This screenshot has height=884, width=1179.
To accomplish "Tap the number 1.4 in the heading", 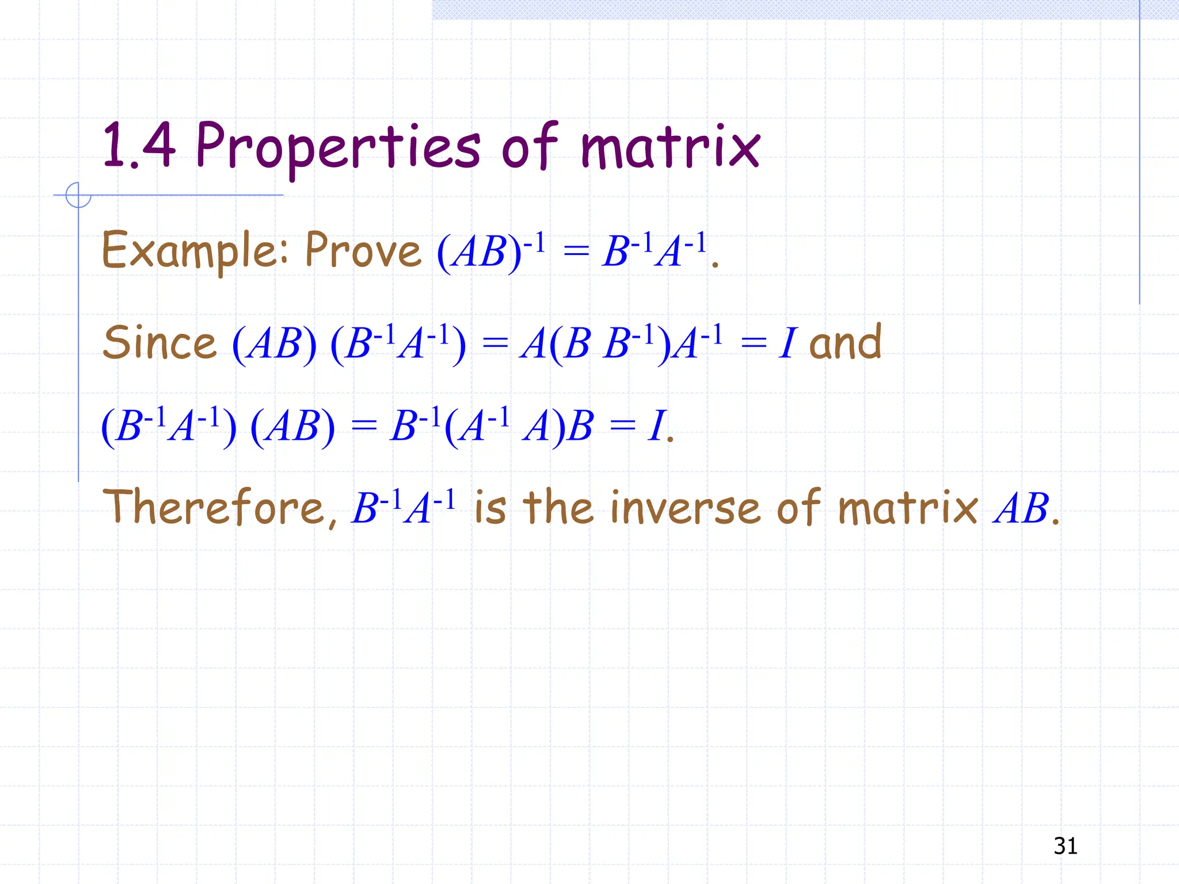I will point(138,146).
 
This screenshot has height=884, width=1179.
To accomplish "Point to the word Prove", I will point(363,251).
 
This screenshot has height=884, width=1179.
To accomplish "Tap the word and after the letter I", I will point(845,342).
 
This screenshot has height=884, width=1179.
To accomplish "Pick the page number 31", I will point(1065,846).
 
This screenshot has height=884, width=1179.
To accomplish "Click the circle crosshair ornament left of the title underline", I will point(78,195).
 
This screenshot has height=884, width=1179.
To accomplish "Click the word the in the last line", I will point(557,508).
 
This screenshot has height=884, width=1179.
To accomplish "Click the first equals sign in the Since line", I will point(495,345).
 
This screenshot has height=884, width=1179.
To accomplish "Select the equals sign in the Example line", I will point(576,253).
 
